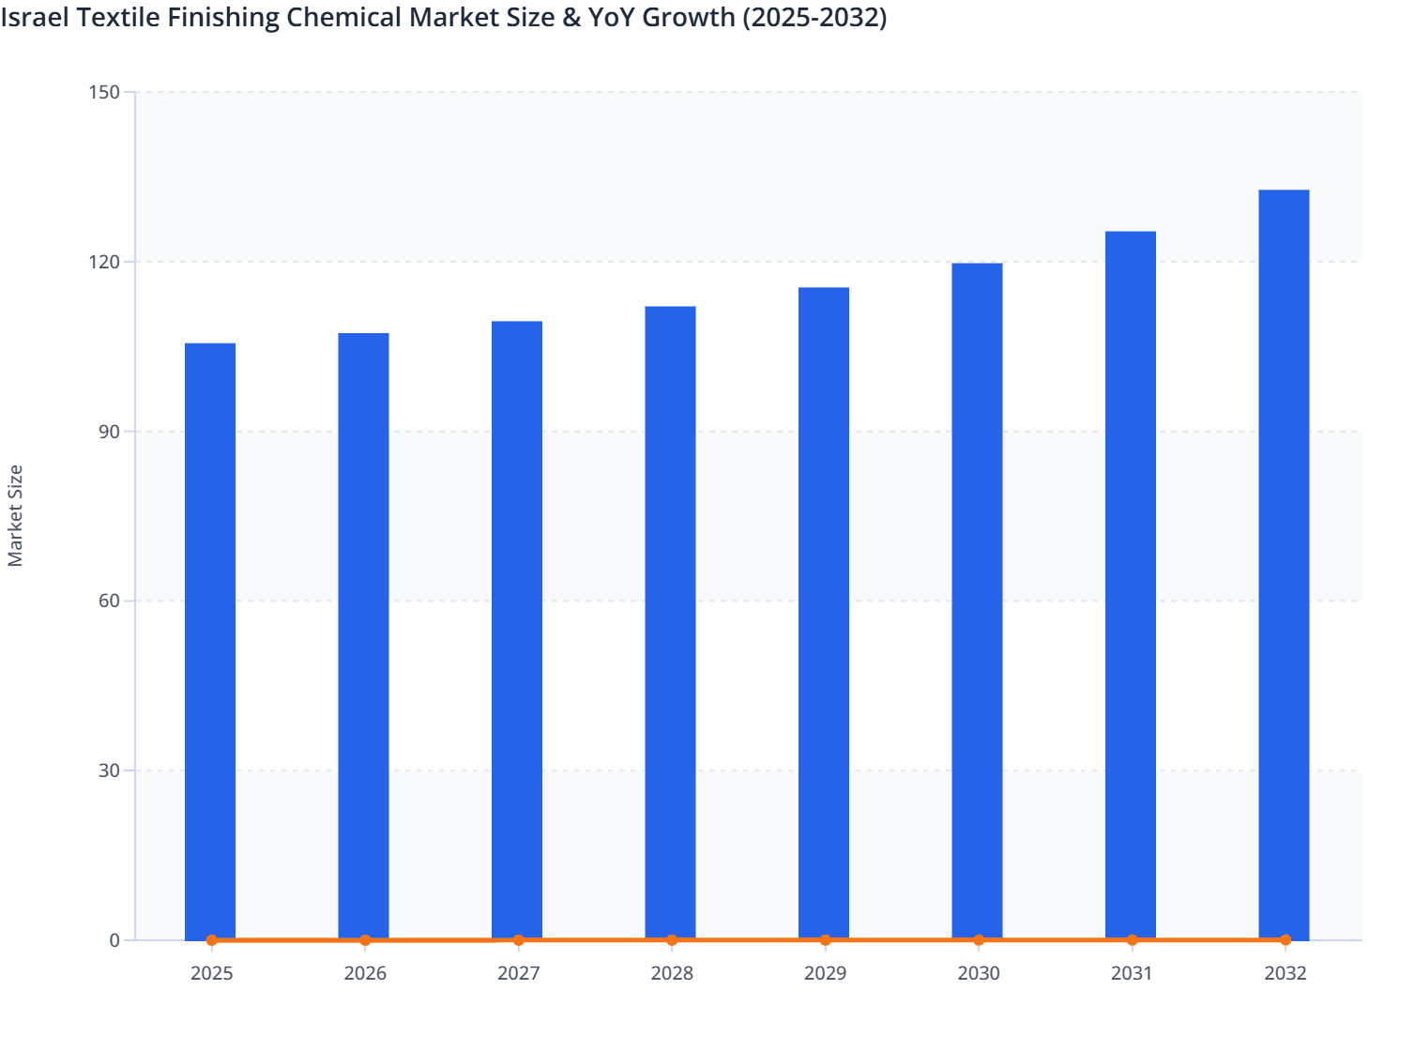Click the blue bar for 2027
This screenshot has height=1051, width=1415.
[517, 630]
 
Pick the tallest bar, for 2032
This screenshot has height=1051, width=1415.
[1284, 564]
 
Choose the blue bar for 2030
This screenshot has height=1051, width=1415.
[977, 601]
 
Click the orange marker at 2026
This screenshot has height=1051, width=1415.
[365, 940]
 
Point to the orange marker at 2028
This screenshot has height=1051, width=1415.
[672, 940]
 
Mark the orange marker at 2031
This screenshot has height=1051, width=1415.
[1132, 940]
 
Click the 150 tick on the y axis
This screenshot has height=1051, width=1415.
[104, 92]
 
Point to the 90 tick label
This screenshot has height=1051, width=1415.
[109, 432]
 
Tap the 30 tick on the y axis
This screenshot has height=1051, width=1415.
[109, 770]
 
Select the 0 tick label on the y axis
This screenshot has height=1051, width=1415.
[114, 940]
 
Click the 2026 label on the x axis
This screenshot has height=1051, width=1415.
[365, 973]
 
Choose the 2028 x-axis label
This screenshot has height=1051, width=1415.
[672, 973]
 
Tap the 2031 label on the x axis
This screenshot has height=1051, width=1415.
[1132, 973]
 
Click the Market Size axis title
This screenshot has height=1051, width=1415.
[15, 516]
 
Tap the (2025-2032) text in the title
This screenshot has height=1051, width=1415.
[814, 17]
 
